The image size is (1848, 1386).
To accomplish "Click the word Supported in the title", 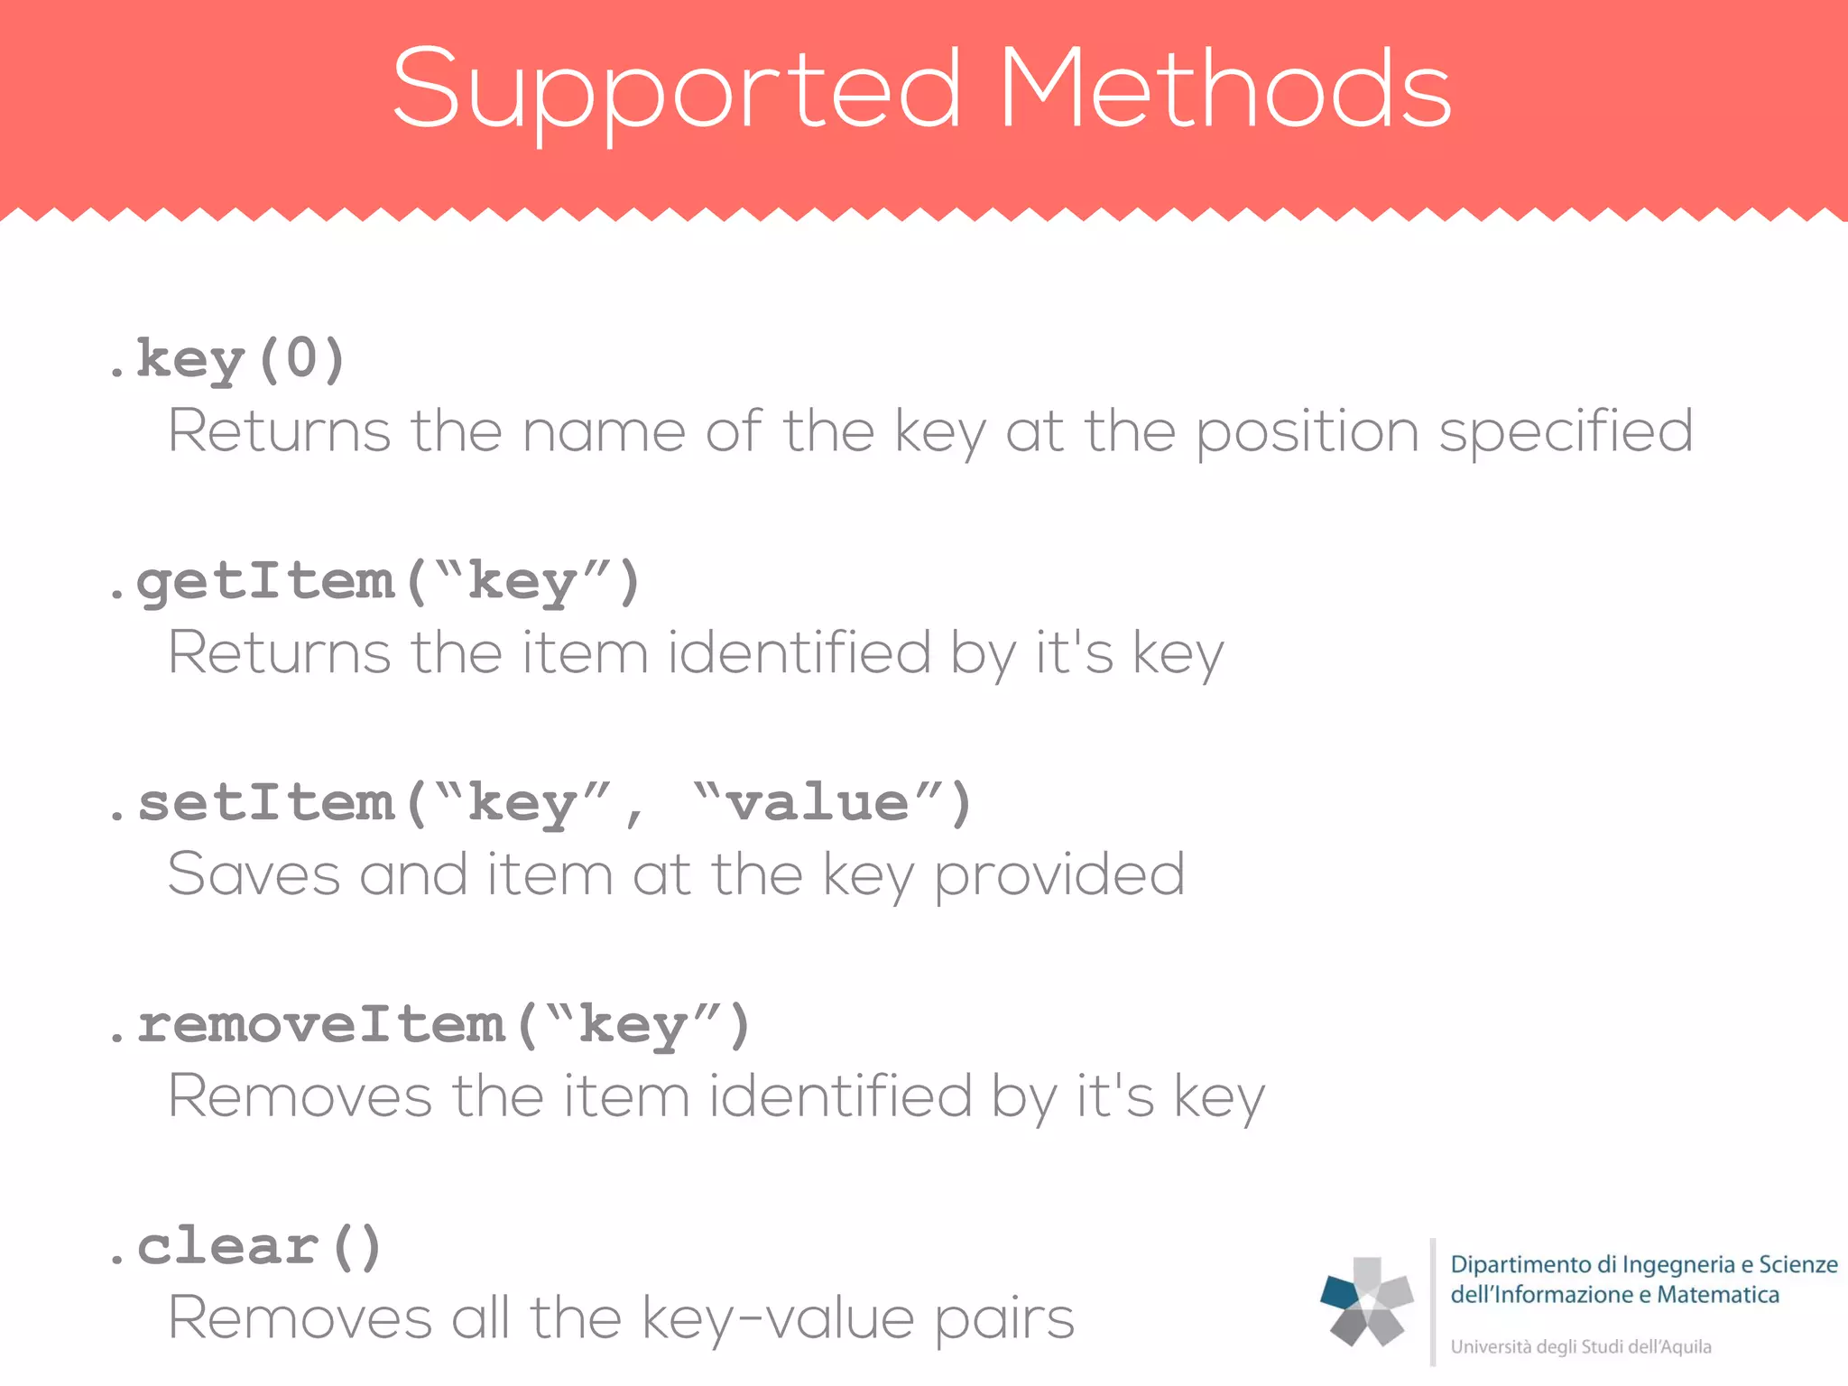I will pyautogui.click(x=677, y=90).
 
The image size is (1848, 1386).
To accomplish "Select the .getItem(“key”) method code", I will pyautogui.click(x=374, y=581).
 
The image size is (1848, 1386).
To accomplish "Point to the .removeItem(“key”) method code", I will pyautogui.click(x=429, y=1025).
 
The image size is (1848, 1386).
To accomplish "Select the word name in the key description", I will pyautogui.click(x=604, y=431).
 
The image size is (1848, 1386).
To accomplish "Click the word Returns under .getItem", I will pyautogui.click(x=279, y=653).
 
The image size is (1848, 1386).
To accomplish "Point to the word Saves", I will pyautogui.click(x=254, y=875).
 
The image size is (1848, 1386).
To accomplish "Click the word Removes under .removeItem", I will pyautogui.click(x=300, y=1097).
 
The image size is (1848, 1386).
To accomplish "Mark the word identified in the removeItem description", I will pyautogui.click(x=840, y=1097).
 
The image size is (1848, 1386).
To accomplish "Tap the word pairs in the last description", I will pyautogui.click(x=1004, y=1319).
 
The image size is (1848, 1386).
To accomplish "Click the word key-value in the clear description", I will pyautogui.click(x=778, y=1319).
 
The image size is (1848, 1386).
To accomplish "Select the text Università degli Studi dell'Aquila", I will pyautogui.click(x=1580, y=1347).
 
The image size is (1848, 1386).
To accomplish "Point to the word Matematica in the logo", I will pyautogui.click(x=1718, y=1295).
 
